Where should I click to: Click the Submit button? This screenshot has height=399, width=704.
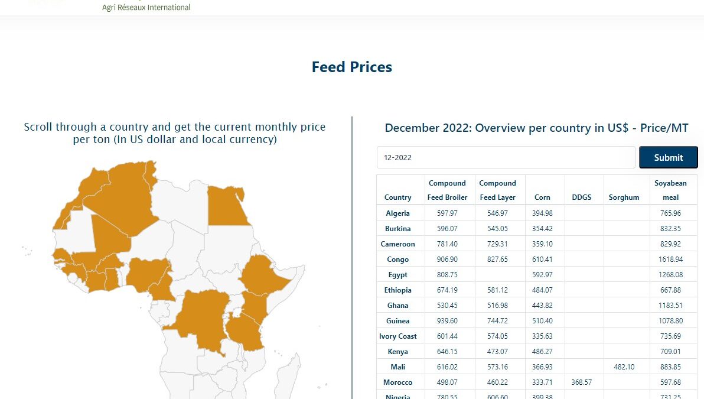pyautogui.click(x=668, y=157)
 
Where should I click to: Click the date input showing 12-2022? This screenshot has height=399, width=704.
pyautogui.click(x=506, y=158)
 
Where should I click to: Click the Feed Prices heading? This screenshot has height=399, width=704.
pyautogui.click(x=351, y=67)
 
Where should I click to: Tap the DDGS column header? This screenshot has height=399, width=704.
pyautogui.click(x=581, y=197)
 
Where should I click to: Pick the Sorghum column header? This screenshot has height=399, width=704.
pyautogui.click(x=624, y=197)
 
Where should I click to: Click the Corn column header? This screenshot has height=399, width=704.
pyautogui.click(x=542, y=197)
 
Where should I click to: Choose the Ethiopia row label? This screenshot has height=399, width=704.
pyautogui.click(x=397, y=290)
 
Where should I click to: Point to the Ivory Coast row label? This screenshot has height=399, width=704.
pyautogui.click(x=397, y=336)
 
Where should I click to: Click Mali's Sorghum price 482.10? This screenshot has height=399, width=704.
pyautogui.click(x=624, y=367)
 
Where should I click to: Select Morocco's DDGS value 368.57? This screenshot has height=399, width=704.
pyautogui.click(x=581, y=382)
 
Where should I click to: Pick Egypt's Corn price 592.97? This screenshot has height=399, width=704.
pyautogui.click(x=542, y=275)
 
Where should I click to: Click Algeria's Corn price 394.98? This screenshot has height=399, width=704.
pyautogui.click(x=542, y=213)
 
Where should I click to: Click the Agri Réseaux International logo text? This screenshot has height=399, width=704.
pyautogui.click(x=146, y=8)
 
